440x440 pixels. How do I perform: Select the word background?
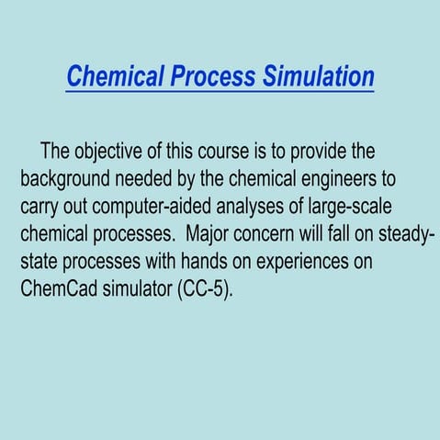[x=67, y=178]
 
